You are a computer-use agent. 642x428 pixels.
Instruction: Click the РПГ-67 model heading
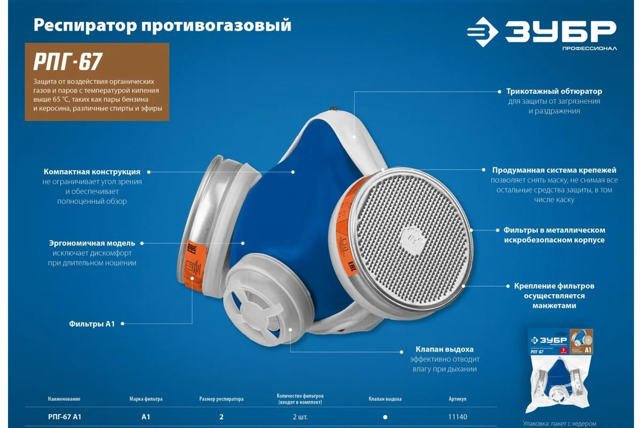68,62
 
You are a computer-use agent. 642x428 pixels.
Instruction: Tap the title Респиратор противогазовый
162,25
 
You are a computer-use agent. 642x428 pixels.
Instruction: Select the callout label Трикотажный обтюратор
554,91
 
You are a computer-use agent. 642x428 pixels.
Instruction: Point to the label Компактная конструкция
92,172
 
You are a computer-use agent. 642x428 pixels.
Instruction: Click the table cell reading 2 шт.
300,417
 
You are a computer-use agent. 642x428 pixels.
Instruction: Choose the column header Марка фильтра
146,399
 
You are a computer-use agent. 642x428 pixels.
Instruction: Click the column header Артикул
458,399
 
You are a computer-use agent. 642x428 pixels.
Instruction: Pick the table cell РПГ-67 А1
64,417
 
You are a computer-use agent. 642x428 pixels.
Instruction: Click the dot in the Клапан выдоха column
385,417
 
